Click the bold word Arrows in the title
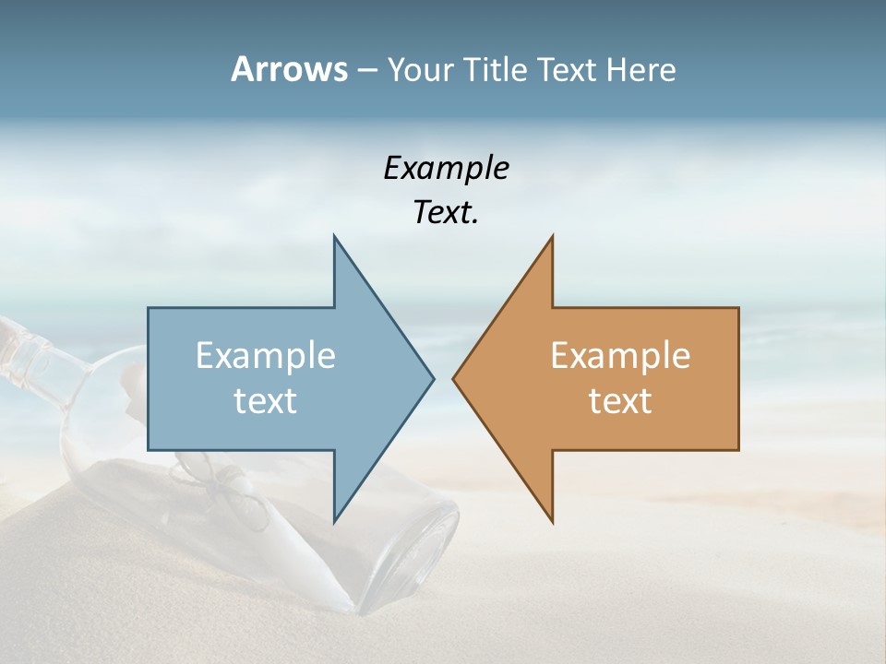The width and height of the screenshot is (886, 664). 288,69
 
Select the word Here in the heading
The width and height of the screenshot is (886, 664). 640,69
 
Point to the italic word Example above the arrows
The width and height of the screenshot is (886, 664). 446,168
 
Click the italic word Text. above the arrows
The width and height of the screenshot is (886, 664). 446,213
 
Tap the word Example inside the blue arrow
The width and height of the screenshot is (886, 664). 266,356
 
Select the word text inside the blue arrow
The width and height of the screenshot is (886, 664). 266,401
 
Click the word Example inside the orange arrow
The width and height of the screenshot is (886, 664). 620,356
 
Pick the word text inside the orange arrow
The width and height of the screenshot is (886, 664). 620,401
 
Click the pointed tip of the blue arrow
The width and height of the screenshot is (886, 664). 433,378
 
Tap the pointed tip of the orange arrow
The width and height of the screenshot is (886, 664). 453,378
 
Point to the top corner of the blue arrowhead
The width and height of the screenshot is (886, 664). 334,237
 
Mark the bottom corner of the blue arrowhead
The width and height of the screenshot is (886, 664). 334,521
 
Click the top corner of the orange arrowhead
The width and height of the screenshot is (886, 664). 552,237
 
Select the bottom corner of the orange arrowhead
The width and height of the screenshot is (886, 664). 552,521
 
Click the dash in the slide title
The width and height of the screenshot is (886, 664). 365,70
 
